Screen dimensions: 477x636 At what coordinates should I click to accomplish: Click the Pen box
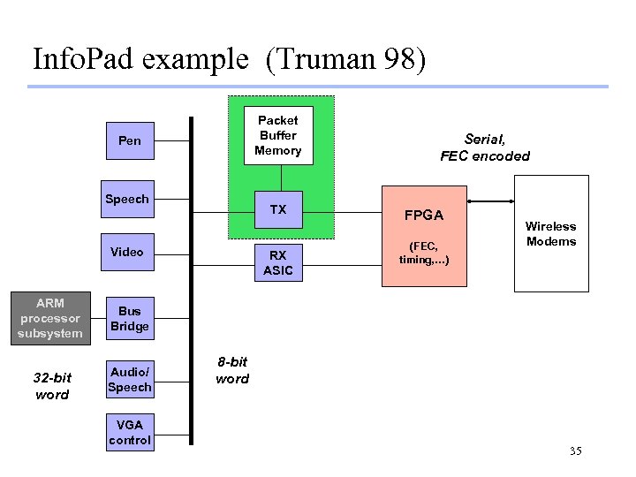click(130, 140)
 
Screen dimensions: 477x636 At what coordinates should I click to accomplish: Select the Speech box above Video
click(127, 199)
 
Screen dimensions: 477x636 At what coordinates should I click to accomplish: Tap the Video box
click(127, 252)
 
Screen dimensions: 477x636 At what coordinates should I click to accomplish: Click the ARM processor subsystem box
click(50, 318)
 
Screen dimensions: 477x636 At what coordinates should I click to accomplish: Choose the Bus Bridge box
click(130, 319)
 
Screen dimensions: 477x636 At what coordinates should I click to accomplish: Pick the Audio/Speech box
click(130, 380)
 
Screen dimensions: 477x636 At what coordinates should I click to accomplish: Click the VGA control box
click(130, 432)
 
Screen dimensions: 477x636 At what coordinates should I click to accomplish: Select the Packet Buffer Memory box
click(278, 135)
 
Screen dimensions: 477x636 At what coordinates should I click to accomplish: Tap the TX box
click(278, 210)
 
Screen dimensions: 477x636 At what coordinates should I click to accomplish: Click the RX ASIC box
click(278, 262)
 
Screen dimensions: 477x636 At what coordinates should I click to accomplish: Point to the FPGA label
click(424, 216)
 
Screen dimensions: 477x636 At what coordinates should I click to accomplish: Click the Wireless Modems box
click(551, 234)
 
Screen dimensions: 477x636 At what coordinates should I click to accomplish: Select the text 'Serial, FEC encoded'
click(485, 148)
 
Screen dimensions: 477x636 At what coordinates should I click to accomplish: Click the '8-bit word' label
click(232, 371)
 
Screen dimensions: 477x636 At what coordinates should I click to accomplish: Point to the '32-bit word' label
click(52, 386)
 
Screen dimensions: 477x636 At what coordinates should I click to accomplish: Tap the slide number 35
click(576, 452)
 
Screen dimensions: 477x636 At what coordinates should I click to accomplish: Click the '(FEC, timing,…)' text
click(424, 252)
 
